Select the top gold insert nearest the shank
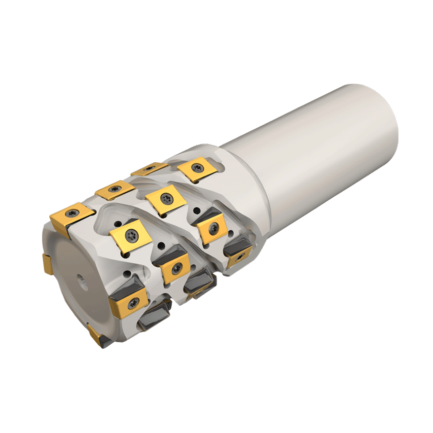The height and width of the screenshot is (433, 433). [x=196, y=170]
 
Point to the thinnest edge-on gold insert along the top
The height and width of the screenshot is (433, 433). [x=150, y=169]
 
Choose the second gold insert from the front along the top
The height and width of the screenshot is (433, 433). [x=115, y=191]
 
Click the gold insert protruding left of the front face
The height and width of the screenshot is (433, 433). [x=47, y=265]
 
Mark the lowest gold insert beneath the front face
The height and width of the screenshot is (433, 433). [x=96, y=335]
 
